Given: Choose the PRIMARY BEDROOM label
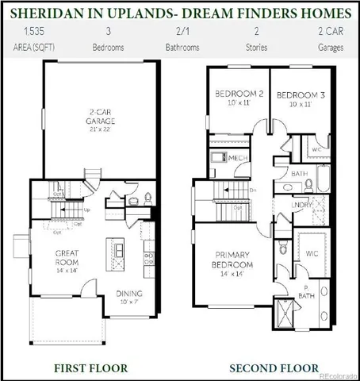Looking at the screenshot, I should point(232,260).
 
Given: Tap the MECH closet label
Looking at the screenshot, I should point(239,158).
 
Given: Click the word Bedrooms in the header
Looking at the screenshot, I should point(108,48).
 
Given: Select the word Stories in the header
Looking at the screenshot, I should point(256,48).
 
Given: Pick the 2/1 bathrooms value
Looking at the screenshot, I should point(182,33).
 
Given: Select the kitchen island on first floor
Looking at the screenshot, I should point(119,251).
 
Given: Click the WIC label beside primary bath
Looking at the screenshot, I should point(311,254).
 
